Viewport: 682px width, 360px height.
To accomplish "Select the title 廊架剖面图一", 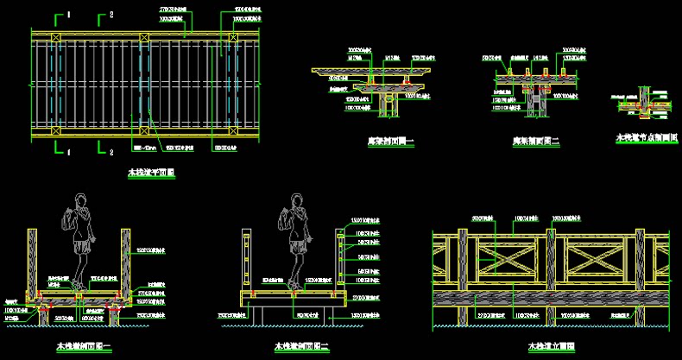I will click(x=390, y=142).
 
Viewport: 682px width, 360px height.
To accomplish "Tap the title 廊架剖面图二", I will click(x=536, y=142).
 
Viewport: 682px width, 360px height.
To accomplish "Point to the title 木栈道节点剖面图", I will click(x=646, y=137).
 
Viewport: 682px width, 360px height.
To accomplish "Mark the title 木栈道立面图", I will click(x=552, y=347).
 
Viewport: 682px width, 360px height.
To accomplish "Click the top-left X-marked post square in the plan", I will click(x=54, y=37).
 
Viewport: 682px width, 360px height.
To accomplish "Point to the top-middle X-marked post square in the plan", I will click(x=143, y=37).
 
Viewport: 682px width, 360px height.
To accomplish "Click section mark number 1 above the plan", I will click(x=69, y=15).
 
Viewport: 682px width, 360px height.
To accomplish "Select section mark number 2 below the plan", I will click(x=111, y=153).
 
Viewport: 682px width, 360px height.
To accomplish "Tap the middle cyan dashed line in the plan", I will click(x=143, y=84).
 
